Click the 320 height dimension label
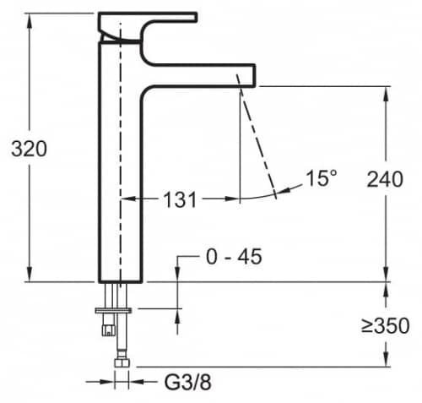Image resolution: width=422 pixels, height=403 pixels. [x=29, y=149]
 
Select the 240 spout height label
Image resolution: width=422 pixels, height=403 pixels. [x=385, y=179]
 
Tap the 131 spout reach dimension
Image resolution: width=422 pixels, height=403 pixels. [x=180, y=199]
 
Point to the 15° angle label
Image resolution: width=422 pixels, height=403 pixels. [x=321, y=178]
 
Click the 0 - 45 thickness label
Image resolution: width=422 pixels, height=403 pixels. [x=234, y=257]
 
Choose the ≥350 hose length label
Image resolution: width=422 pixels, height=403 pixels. [x=385, y=326]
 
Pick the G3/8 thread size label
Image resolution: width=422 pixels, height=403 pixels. [x=187, y=382]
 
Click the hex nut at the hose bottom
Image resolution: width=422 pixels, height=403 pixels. [x=122, y=362]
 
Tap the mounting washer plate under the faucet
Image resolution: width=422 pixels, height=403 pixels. [x=113, y=310]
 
